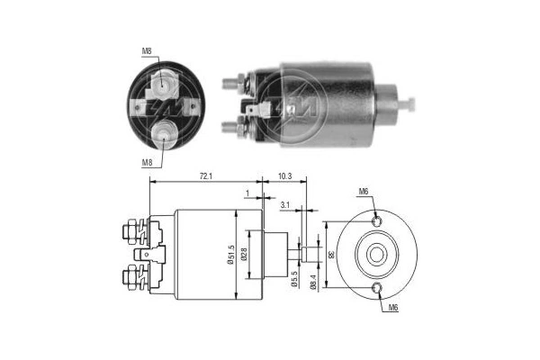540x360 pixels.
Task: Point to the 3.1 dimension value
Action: coord(285,205)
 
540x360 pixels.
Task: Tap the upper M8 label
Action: coord(147,52)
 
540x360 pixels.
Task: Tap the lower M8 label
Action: coord(147,162)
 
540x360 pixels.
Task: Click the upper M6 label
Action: coord(364,191)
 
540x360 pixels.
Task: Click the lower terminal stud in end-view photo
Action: coord(165,135)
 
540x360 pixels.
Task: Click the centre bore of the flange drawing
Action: coord(376,255)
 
